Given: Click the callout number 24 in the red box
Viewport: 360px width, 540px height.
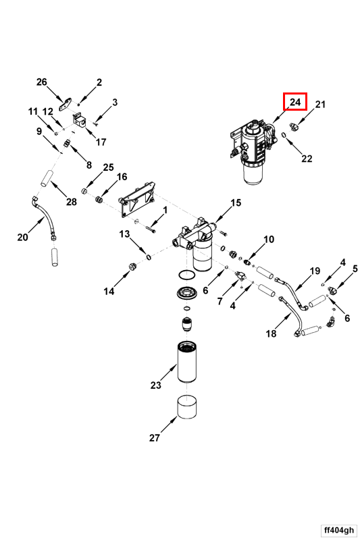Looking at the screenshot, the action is (x=295, y=102).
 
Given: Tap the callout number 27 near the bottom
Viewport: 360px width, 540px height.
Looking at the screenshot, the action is (x=155, y=437).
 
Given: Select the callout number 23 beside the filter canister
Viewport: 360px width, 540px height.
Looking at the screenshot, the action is (x=156, y=385).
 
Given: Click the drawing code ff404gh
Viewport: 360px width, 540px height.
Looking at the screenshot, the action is (x=338, y=530).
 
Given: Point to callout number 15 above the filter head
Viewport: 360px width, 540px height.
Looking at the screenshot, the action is (x=236, y=203).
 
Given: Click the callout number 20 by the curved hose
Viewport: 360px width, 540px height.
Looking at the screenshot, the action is (x=23, y=238).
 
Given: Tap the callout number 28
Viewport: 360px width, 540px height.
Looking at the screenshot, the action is (x=72, y=201).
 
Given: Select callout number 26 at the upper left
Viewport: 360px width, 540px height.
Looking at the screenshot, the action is (x=42, y=82).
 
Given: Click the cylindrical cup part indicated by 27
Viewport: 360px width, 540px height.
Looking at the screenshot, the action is (x=186, y=407).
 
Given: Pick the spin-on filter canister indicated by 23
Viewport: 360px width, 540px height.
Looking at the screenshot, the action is (x=186, y=361).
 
